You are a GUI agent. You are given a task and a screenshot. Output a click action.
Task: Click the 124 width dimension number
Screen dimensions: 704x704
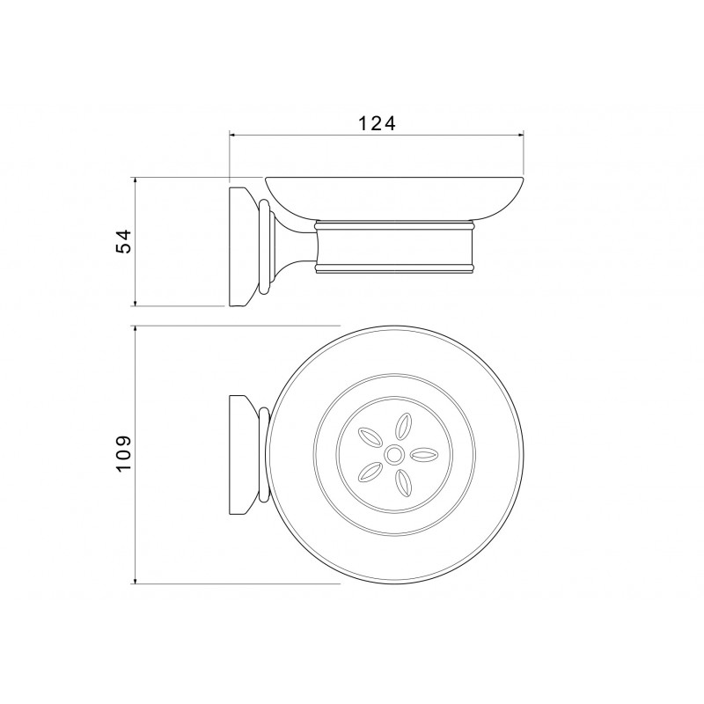(377, 123)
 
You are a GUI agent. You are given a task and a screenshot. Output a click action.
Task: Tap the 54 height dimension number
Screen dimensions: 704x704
(124, 241)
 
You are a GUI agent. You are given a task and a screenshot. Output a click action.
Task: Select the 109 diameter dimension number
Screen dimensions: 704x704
(124, 453)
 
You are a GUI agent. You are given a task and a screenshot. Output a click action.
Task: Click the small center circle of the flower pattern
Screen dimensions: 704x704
(394, 455)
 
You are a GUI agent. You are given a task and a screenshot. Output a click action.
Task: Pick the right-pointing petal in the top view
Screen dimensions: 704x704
(424, 455)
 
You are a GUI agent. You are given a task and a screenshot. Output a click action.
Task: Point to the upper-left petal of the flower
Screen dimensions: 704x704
(370, 436)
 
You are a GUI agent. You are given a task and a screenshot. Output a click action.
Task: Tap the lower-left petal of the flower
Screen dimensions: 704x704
(370, 472)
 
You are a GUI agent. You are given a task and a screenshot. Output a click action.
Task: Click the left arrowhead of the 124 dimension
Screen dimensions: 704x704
(232, 135)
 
